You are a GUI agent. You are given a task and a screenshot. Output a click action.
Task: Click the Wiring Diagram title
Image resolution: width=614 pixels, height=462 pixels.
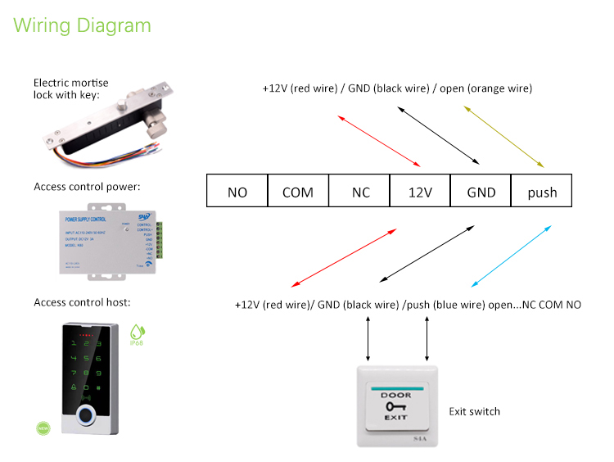click(83, 25)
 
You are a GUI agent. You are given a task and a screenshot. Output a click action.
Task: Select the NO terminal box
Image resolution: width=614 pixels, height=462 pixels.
click(237, 192)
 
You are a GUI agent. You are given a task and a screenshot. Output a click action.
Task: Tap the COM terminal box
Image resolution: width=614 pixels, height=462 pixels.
click(298, 192)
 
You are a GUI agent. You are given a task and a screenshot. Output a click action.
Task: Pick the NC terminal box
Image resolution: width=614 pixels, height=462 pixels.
click(359, 192)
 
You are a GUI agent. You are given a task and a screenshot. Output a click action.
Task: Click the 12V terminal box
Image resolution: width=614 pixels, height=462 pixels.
click(420, 192)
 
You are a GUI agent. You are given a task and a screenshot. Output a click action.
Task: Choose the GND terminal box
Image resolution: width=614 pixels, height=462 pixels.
click(481, 192)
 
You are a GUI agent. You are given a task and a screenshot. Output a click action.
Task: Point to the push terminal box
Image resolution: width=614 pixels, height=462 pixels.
click(541, 192)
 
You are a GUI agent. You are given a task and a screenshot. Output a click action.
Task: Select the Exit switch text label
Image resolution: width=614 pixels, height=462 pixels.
click(474, 411)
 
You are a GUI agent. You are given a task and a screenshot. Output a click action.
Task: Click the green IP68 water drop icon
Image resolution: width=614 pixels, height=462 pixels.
click(136, 332)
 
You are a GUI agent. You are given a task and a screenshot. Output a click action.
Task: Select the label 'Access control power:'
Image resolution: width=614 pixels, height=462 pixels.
click(87, 187)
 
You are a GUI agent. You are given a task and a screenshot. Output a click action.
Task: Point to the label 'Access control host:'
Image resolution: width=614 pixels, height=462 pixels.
click(82, 303)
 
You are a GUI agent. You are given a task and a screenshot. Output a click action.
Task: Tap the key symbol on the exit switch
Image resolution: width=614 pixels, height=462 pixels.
click(395, 406)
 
